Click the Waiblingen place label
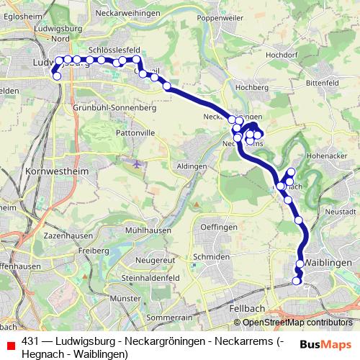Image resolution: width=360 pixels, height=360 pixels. (x=330, y=263)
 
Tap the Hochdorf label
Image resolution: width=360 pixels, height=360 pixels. (x=282, y=54)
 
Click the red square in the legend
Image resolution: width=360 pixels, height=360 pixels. (x=11, y=343)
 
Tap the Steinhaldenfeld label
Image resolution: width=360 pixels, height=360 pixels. (x=154, y=278)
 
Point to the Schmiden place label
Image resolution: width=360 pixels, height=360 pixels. (x=212, y=257)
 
